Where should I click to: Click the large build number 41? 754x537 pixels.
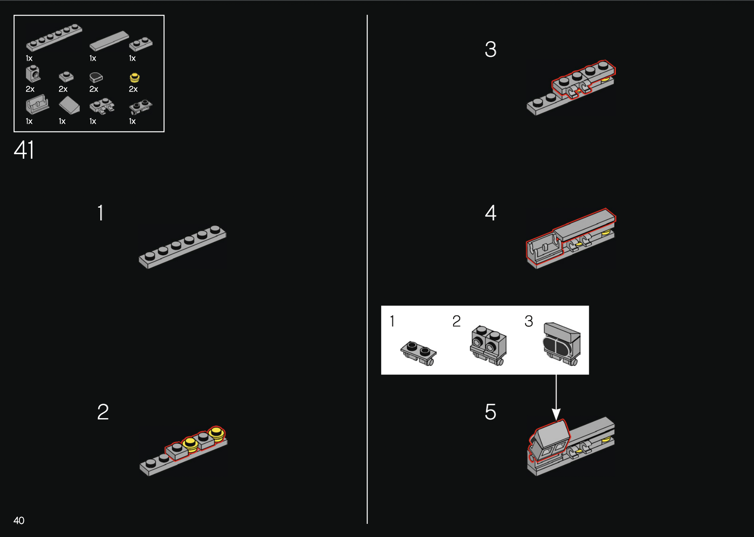pos(24,150)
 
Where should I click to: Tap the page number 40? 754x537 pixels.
pos(19,521)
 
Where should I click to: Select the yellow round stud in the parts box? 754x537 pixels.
pos(134,77)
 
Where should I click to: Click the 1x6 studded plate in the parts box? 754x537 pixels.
pos(54,37)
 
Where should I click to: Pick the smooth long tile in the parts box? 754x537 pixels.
pos(109,41)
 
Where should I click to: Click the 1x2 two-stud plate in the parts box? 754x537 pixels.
pos(141,43)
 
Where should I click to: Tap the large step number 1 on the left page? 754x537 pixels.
pos(100,213)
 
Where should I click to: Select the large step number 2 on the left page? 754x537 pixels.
pos(103,412)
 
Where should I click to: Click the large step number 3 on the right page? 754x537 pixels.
pos(490,49)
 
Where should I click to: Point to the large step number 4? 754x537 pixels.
pos(490,213)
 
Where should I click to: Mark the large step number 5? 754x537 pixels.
pos(490,412)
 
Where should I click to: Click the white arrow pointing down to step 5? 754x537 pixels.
pos(556,397)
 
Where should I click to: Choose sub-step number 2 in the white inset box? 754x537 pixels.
pos(456,321)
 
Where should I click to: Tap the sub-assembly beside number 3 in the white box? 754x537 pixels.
pos(562,344)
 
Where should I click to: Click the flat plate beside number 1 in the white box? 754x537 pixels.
pos(419,353)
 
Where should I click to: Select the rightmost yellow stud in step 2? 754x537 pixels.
pos(216,433)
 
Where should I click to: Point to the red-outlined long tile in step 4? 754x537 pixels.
pos(584,225)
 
